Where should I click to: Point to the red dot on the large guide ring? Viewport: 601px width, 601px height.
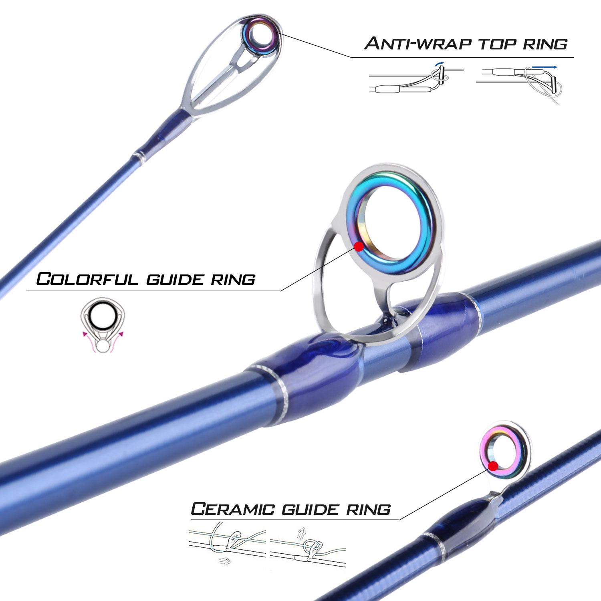[359, 246]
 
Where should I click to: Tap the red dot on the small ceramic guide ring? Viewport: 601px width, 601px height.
[493, 466]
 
